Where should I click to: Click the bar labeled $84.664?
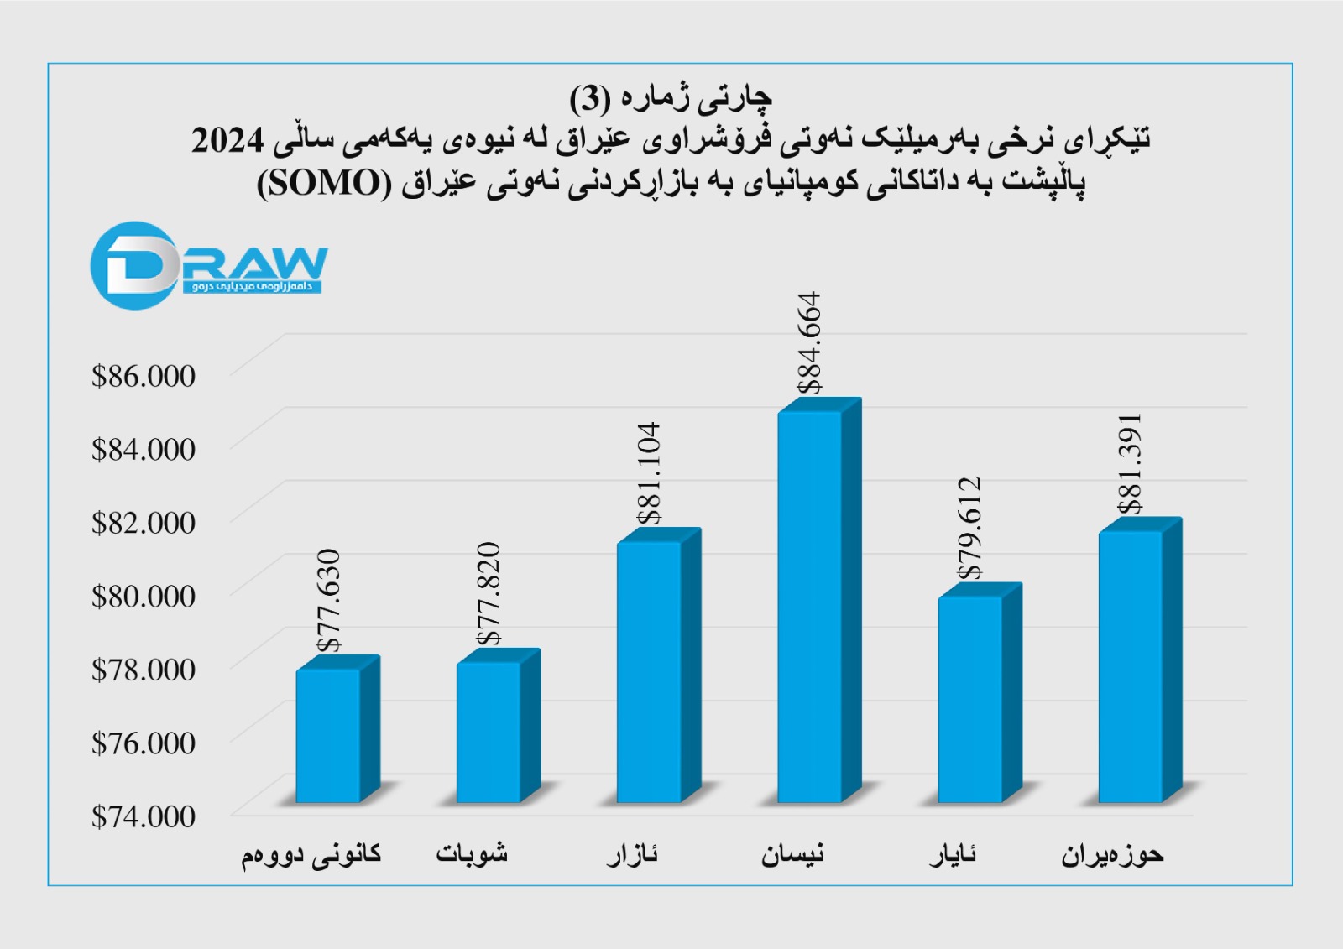click(x=810, y=604)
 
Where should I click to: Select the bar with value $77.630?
click(x=328, y=734)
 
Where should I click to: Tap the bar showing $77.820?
click(x=489, y=730)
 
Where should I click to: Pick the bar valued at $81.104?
click(x=649, y=671)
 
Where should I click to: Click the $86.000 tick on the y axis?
click(x=144, y=376)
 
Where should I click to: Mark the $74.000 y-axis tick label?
click(x=144, y=816)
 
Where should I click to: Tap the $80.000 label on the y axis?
click(x=144, y=597)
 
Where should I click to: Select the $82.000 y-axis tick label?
click(x=144, y=523)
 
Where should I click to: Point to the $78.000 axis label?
click(x=144, y=670)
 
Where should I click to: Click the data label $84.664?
click(x=809, y=342)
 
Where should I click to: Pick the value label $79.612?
click(x=970, y=528)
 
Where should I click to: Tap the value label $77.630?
click(x=329, y=600)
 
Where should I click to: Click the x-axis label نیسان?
click(x=792, y=855)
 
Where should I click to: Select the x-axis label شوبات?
click(x=472, y=854)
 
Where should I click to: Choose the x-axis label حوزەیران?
click(x=1112, y=855)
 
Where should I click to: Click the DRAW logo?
click(x=208, y=266)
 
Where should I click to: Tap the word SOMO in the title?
click(x=321, y=183)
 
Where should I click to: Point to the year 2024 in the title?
click(x=227, y=140)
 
